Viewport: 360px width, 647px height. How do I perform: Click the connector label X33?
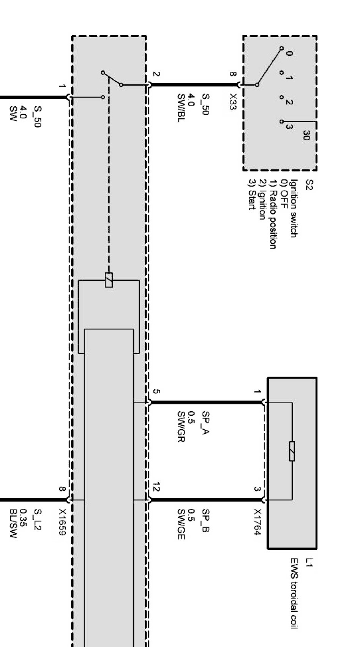tap(232, 102)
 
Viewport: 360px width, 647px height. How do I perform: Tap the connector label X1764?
tap(257, 522)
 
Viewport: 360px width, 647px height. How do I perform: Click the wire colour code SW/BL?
tap(181, 108)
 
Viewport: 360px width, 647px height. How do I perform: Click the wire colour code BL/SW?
tap(13, 524)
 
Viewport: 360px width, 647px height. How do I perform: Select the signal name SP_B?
tap(205, 521)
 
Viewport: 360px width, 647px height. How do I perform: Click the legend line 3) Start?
tap(251, 199)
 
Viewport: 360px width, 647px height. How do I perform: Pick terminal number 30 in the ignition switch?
tap(306, 135)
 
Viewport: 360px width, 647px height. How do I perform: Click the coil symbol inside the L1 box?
tap(292, 451)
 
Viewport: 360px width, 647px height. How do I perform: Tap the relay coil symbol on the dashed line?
tap(109, 280)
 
